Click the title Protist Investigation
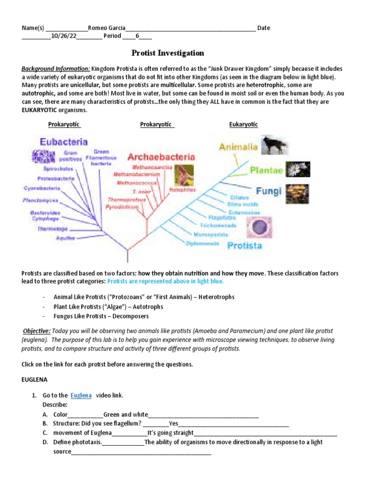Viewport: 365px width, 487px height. pos(167,53)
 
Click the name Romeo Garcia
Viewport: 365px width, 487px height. pos(107,28)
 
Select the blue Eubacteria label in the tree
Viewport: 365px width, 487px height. pos(64,142)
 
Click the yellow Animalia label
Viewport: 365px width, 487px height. pos(238,147)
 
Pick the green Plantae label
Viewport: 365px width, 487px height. pos(266,170)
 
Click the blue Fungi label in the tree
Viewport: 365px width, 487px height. pos(269,191)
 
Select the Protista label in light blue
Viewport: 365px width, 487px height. pos(245,245)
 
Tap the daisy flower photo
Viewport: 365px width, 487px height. pos(298,169)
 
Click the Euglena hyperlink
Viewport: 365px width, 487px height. pos(81,395)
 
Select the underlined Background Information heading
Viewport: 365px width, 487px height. pos(56,68)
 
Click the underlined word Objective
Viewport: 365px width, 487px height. pos(37,331)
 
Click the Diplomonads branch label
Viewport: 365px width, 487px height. pos(202,243)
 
